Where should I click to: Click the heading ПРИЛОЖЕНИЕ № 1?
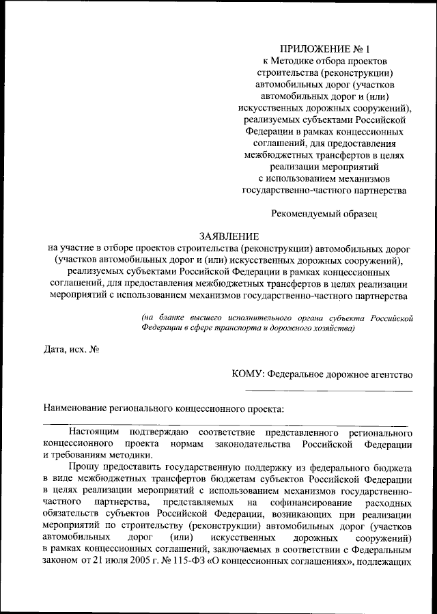[324, 49]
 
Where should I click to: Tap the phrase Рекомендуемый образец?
[324, 214]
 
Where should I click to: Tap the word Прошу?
[83, 469]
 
